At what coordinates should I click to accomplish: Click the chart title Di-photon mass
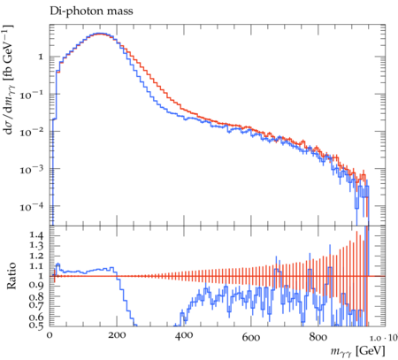91,11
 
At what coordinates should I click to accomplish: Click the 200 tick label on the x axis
117,335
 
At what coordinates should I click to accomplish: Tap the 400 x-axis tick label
184,335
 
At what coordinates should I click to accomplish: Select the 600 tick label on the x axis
251,337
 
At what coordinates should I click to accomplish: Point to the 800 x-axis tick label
318,337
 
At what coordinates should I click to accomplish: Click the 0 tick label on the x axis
50,335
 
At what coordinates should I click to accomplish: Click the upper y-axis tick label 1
41,57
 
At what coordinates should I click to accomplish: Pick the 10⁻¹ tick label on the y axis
31,95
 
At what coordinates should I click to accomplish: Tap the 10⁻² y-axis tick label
31,132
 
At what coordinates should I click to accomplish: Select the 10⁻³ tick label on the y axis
31,169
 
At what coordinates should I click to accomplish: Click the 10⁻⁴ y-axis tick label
31,206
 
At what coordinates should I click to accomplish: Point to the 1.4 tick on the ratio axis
36,235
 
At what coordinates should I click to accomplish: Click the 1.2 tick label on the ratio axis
36,256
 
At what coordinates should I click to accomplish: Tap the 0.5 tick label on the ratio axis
36,326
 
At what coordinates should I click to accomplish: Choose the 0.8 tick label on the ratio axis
36,296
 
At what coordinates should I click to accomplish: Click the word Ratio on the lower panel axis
11,276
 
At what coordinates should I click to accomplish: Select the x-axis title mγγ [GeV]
357,351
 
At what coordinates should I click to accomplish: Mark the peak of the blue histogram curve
100,34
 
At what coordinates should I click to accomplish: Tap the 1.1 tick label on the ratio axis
36,266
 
